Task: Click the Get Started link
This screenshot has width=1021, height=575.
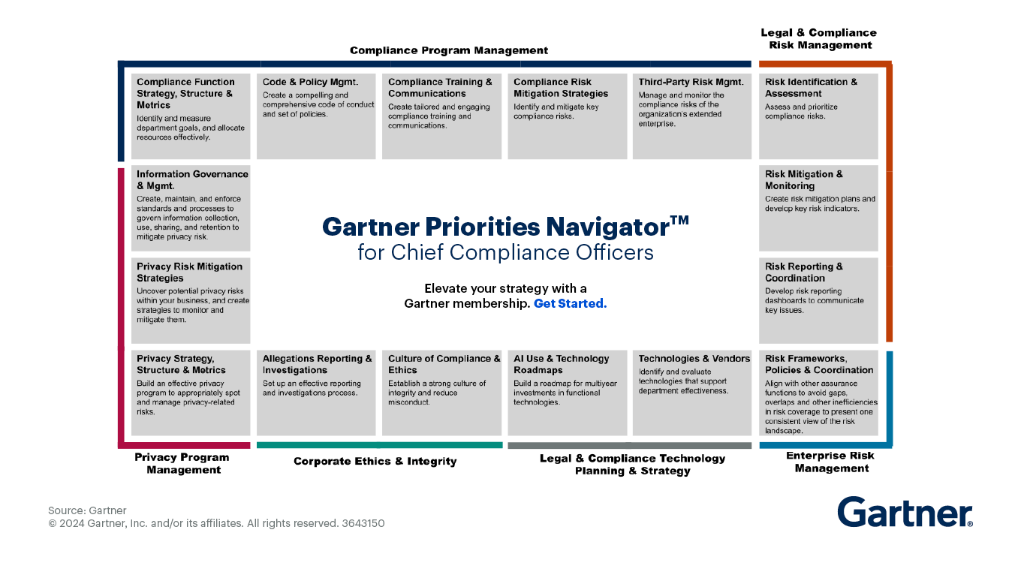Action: [570, 304]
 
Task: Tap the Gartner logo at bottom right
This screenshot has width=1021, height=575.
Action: [905, 513]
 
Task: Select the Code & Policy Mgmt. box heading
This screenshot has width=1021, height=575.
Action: [310, 82]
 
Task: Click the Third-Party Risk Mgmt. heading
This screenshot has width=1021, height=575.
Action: [691, 82]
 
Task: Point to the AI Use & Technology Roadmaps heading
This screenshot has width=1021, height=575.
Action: [561, 364]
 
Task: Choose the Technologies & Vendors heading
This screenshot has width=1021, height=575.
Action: [694, 359]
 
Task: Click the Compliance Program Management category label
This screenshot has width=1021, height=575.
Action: [449, 50]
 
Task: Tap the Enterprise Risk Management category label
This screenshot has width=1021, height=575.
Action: [830, 462]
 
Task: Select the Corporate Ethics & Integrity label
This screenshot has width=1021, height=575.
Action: [375, 461]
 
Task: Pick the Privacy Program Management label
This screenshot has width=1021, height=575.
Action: [182, 463]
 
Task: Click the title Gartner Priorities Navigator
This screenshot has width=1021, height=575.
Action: [504, 226]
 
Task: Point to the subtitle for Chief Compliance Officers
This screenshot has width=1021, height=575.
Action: [505, 252]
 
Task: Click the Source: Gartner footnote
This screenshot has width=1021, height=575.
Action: [87, 510]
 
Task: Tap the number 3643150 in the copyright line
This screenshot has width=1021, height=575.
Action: [363, 523]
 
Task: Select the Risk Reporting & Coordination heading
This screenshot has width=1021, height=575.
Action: [803, 272]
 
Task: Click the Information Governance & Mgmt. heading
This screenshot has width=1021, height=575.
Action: [191, 179]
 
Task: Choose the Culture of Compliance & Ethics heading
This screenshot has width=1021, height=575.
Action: [444, 364]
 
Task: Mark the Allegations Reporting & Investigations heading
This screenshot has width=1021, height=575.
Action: [317, 364]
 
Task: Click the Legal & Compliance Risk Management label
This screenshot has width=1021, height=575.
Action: [818, 38]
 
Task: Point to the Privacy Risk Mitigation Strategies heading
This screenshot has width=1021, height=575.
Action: [189, 272]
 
